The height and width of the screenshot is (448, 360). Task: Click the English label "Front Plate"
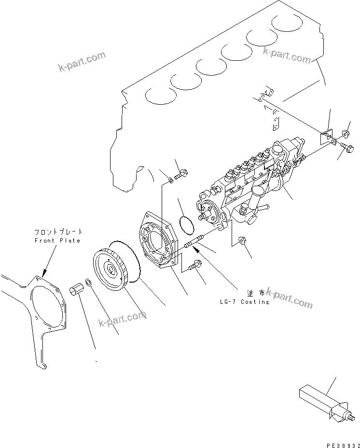click(x=57, y=240)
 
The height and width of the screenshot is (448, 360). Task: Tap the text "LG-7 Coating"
click(x=243, y=302)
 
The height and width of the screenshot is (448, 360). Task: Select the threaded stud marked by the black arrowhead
click(x=195, y=241)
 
